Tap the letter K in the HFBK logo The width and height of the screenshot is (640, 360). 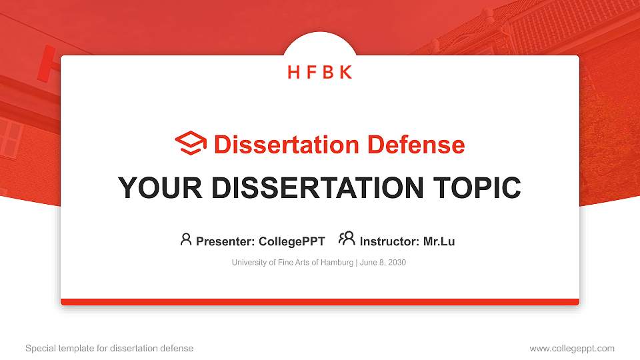(345, 72)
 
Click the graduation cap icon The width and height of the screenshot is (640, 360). (191, 143)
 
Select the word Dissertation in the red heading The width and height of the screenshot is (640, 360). (277, 145)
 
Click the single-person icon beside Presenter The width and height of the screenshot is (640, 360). (186, 239)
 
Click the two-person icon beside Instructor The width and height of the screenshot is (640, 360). (347, 238)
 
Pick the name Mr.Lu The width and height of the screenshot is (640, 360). (439, 241)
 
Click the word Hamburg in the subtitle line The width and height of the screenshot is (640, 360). (338, 263)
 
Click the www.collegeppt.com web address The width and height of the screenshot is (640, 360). (572, 348)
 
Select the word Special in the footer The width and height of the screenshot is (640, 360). (39, 348)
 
